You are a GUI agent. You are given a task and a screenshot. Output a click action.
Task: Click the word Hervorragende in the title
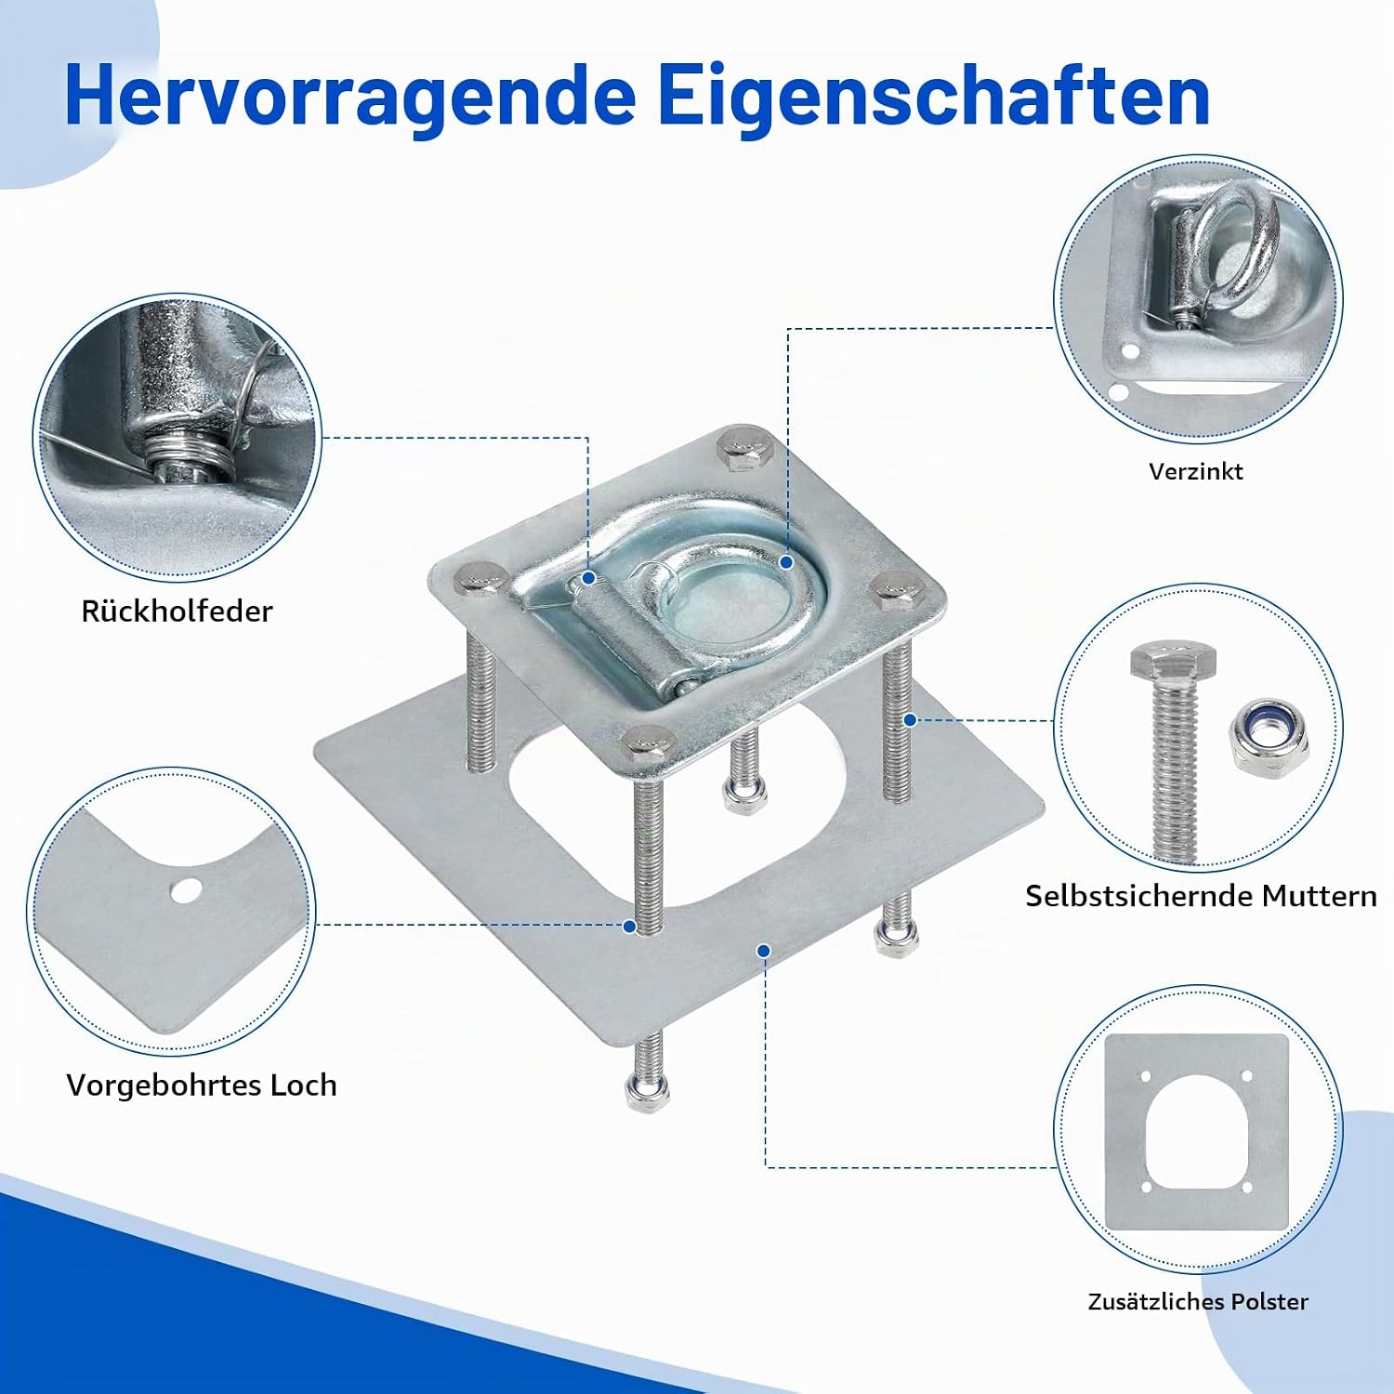(350, 97)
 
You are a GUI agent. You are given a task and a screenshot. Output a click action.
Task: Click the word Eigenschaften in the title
(934, 97)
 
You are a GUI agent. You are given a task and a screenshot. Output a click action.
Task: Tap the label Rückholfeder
(177, 611)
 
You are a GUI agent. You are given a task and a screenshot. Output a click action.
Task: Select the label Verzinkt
(1195, 471)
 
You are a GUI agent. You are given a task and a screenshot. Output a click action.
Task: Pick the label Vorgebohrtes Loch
(201, 1085)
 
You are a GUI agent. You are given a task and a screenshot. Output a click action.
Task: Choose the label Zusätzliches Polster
(1198, 1301)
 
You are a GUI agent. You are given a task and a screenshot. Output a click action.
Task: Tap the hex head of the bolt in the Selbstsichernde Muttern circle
(1173, 661)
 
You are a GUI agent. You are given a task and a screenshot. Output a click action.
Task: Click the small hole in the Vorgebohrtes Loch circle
(185, 891)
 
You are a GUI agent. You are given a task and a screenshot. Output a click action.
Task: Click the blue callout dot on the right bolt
(911, 719)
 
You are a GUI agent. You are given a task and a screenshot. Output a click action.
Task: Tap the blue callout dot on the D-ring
(786, 562)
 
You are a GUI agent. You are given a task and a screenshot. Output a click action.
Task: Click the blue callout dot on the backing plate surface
(763, 951)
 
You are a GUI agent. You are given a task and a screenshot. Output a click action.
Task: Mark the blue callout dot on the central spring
(588, 578)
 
